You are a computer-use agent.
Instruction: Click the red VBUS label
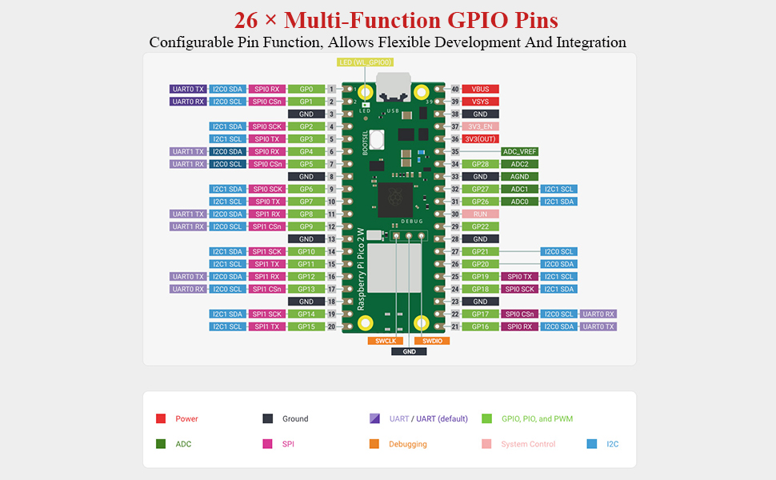coord(480,89)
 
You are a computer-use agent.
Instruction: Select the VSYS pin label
coord(480,102)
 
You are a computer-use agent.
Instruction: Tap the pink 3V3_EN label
coord(480,126)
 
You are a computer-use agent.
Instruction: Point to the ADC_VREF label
coord(519,151)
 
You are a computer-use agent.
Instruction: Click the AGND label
coord(519,177)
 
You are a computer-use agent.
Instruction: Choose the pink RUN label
coord(480,214)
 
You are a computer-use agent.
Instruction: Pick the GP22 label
coord(480,226)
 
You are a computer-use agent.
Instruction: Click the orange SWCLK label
coord(382,341)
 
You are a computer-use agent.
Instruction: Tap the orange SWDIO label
coord(432,341)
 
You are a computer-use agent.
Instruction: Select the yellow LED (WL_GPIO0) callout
coord(366,62)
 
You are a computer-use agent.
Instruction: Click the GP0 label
coord(306,89)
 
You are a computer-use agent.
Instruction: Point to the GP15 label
coord(306,326)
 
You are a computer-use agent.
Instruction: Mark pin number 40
coord(455,89)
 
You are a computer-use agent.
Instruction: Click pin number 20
coord(330,326)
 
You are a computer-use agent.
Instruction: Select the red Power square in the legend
coord(161,418)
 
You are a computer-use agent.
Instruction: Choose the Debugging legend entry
coord(407,444)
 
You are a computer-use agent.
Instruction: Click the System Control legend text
coord(527,444)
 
